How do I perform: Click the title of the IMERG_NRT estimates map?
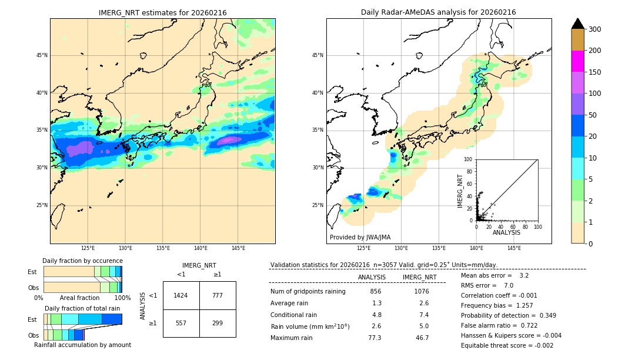[x=162, y=12]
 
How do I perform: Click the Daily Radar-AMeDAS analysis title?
[x=439, y=12]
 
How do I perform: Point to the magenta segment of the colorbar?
[x=578, y=61]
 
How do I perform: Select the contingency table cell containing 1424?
[x=181, y=295]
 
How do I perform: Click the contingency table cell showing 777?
[x=218, y=295]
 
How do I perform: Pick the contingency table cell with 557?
[x=181, y=323]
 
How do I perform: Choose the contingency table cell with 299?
[x=218, y=323]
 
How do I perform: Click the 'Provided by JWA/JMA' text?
[x=360, y=237]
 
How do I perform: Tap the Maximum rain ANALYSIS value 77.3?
[x=375, y=338]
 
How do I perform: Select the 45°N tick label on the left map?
[x=41, y=55]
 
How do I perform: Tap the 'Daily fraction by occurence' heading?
[x=82, y=261]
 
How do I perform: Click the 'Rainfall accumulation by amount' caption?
[x=82, y=345]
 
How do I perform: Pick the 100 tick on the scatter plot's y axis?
[x=469, y=159]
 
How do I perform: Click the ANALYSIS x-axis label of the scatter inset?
[x=506, y=232]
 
